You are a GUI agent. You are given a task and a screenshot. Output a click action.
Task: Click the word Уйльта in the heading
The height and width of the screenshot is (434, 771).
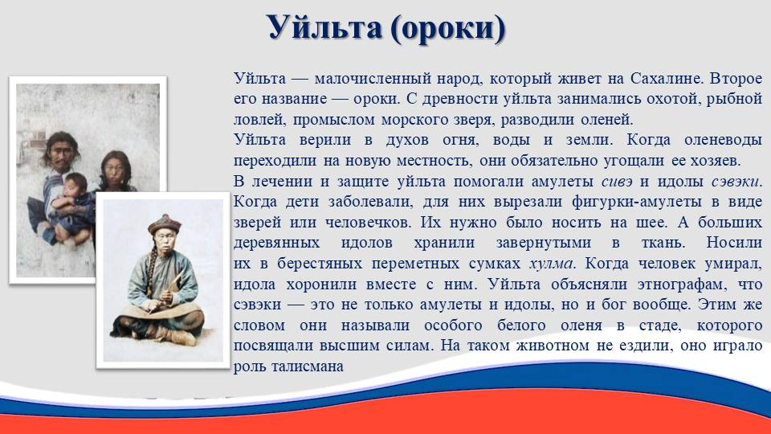click(x=324, y=27)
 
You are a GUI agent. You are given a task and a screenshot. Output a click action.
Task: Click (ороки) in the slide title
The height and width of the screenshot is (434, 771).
click(x=448, y=29)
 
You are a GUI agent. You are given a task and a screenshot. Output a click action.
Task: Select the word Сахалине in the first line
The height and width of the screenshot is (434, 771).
click(x=664, y=78)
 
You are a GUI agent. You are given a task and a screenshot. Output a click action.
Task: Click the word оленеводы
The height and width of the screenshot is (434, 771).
click(x=723, y=140)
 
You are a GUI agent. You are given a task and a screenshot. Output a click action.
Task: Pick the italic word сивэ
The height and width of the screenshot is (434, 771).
click(x=617, y=182)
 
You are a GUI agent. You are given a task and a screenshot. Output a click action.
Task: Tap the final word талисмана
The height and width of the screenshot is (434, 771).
click(x=308, y=366)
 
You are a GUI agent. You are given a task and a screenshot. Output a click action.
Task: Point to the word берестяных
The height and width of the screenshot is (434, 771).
click(x=320, y=264)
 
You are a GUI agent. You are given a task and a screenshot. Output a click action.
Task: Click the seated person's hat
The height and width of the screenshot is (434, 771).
click(x=165, y=224)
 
